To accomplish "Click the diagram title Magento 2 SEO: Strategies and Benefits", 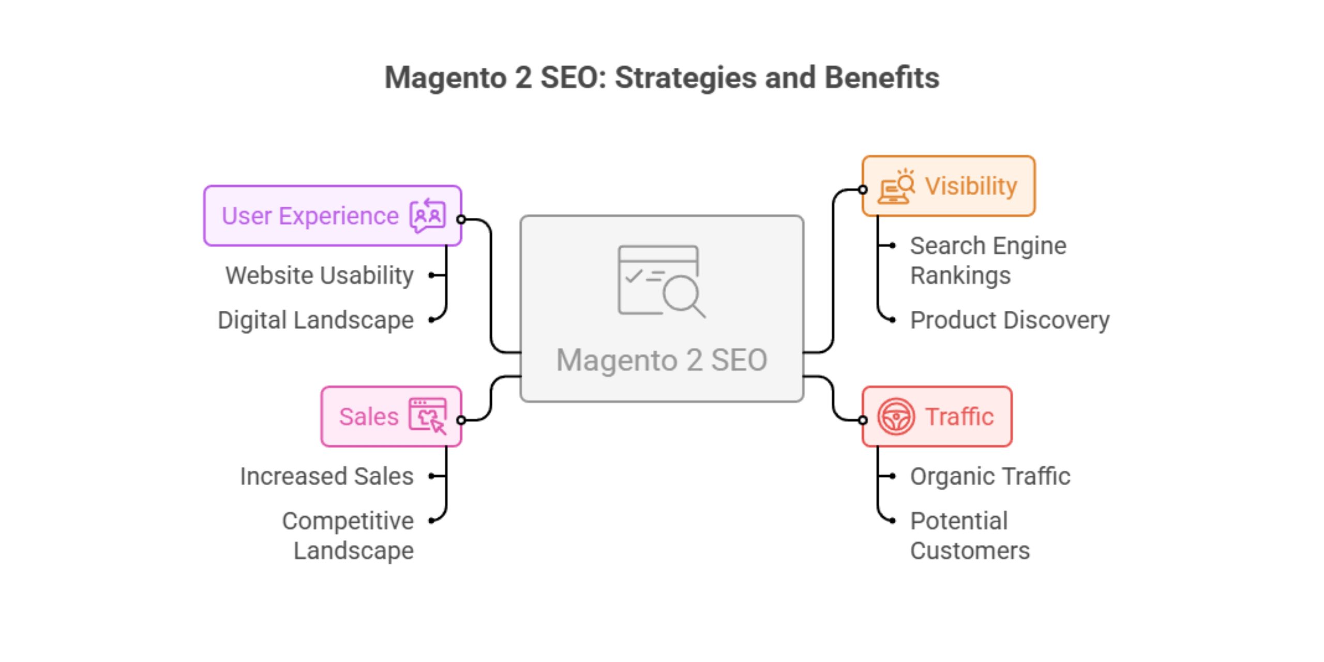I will [x=662, y=78].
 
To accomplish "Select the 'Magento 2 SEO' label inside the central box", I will [x=661, y=360].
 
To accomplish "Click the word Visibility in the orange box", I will [x=971, y=186].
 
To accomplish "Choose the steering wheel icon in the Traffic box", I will [x=896, y=416].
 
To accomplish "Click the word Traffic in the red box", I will [x=959, y=417].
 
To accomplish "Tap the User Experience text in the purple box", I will [x=310, y=216].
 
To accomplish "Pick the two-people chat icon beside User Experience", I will [x=427, y=215].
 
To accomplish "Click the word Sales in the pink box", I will [x=369, y=417].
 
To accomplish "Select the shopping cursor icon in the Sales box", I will [x=427, y=416].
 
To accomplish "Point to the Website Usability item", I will [x=320, y=275].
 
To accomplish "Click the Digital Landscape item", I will [x=315, y=320].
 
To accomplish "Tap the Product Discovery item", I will [x=1010, y=320].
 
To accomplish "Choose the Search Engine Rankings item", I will [x=988, y=260].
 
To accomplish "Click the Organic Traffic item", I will [x=990, y=476].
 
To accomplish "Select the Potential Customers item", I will [x=970, y=535].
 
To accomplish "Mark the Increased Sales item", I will [x=327, y=476].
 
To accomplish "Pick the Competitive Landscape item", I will [x=348, y=535].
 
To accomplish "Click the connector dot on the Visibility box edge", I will [x=863, y=190].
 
